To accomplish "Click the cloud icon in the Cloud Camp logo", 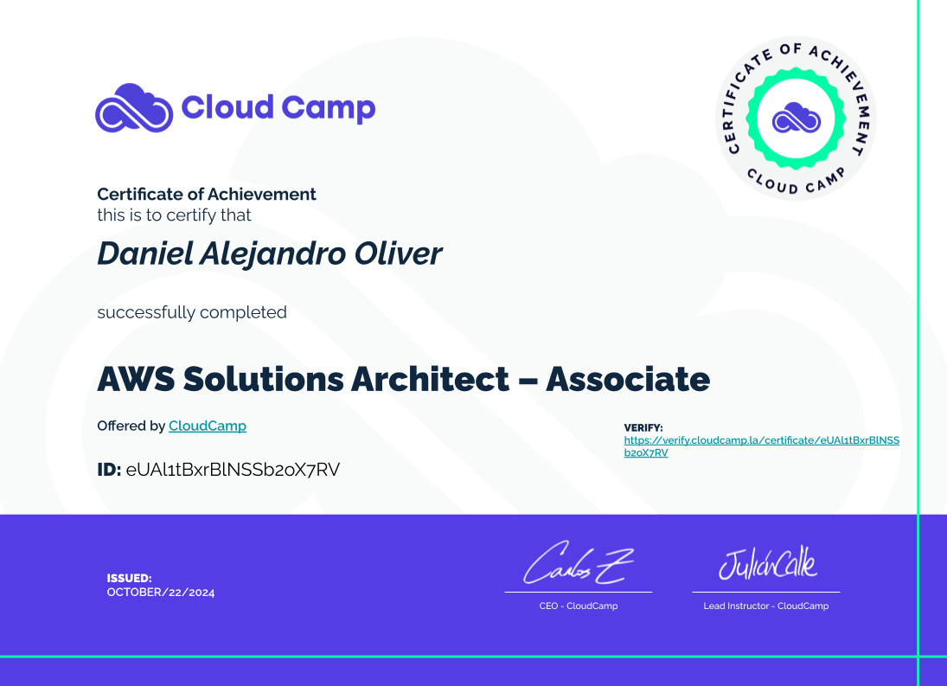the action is [x=134, y=109].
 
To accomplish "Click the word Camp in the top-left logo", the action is [x=329, y=109].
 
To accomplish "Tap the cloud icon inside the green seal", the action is [x=796, y=118].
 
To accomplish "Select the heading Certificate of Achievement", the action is [x=207, y=194].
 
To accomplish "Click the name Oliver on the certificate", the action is [x=398, y=253].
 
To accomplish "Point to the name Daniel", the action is [x=145, y=253].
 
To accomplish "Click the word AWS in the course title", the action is [x=136, y=379].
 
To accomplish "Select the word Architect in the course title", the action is [x=431, y=379].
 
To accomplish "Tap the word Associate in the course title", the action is [x=628, y=379].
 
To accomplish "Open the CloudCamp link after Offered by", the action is [x=208, y=426].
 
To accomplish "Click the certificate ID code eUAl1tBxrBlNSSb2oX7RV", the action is [x=234, y=470].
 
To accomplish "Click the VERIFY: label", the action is [x=643, y=427].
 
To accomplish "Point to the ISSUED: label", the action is [x=129, y=578].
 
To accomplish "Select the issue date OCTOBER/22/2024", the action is [x=161, y=593].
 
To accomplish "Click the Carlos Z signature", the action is [x=578, y=563].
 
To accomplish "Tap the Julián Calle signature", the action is [x=768, y=563].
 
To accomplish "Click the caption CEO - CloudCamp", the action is [x=579, y=606].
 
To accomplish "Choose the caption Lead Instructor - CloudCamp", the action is [x=765, y=606].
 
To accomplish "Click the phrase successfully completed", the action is [x=192, y=312].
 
